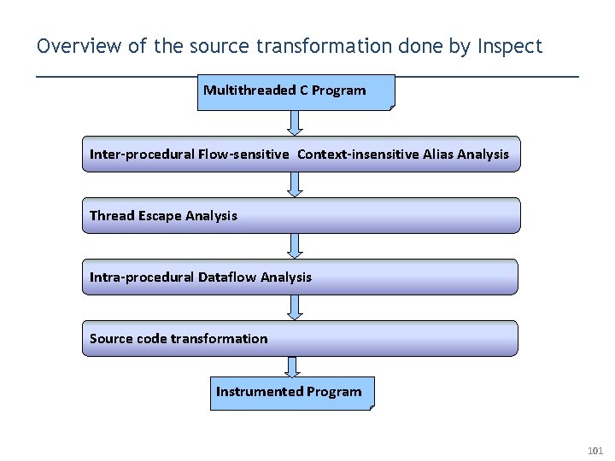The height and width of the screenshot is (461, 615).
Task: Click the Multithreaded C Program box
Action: [x=296, y=92]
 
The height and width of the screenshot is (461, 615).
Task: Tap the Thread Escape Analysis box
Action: [x=301, y=215]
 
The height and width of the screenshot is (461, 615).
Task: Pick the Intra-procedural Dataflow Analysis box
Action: [x=301, y=277]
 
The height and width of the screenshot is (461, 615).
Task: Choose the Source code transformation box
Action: [x=301, y=338]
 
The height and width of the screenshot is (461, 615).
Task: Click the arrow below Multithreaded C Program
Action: [x=295, y=123]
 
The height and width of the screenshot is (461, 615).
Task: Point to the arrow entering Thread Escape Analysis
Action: [x=295, y=184]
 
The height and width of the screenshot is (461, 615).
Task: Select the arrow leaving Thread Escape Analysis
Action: [x=295, y=246]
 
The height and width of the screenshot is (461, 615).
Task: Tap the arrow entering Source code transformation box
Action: [x=295, y=307]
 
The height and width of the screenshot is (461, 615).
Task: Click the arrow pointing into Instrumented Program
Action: [x=294, y=367]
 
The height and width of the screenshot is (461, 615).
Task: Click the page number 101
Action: [x=595, y=450]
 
